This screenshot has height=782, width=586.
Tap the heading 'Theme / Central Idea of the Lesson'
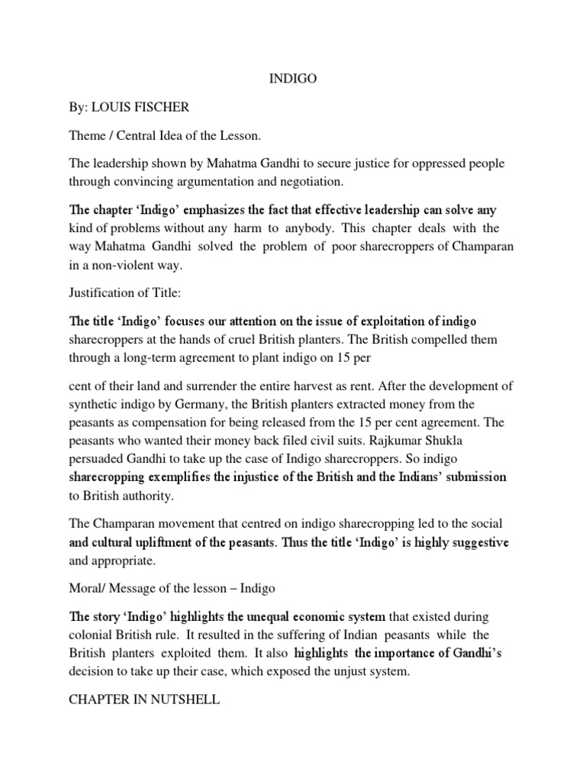click(x=165, y=136)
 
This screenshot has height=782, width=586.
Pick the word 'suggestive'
click(x=472, y=542)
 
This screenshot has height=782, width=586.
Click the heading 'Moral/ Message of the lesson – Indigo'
click(x=172, y=588)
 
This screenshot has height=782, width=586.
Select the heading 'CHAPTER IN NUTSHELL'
click(x=145, y=697)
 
